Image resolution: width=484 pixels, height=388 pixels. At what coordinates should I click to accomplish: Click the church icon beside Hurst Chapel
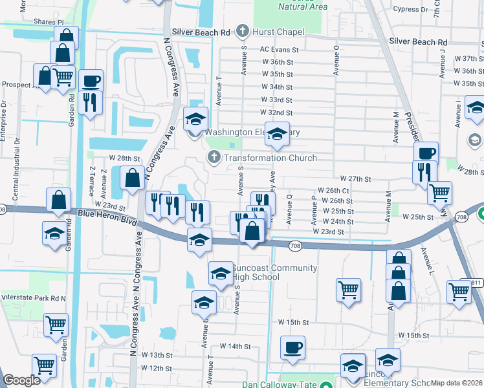pos(243,30)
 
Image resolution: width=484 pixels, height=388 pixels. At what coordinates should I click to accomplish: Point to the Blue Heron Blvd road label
pos(107,215)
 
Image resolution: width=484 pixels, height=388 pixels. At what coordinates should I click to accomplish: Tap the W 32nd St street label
pos(276,113)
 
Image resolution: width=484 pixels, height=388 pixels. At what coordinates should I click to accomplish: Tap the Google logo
pos(21,380)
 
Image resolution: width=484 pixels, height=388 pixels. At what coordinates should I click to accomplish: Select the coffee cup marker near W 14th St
pos(292,347)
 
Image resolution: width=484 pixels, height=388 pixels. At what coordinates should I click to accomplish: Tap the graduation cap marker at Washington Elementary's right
pos(277,133)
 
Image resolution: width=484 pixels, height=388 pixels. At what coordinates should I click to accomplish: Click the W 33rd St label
pos(276,100)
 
